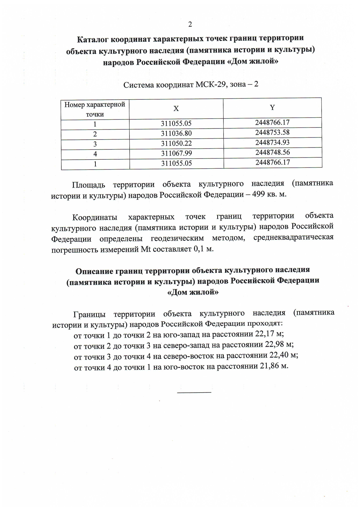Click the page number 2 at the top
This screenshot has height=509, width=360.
click(x=190, y=24)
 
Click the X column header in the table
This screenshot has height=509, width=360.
click(x=176, y=109)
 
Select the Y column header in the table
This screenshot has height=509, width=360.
click(x=272, y=107)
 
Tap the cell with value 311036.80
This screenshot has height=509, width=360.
click(x=176, y=133)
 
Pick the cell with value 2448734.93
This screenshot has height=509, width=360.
click(x=272, y=142)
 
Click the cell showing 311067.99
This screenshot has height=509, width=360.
click(x=176, y=153)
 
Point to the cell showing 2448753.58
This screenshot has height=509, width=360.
click(x=272, y=132)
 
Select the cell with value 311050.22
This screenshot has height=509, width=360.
click(x=176, y=143)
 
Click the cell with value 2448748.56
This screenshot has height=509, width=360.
click(x=272, y=152)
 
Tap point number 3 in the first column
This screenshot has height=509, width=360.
click(x=95, y=144)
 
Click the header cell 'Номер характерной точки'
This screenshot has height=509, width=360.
click(x=95, y=109)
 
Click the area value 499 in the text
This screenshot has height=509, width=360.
click(x=258, y=194)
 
